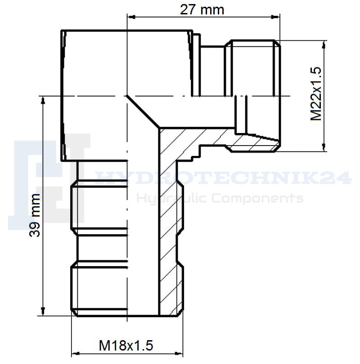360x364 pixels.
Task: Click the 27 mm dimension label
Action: click(202, 10)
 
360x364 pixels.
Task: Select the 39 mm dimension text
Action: click(35, 215)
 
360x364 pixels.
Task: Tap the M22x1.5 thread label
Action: click(316, 94)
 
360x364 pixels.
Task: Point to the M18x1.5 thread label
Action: click(126, 346)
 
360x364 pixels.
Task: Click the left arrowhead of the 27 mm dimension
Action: click(132, 17)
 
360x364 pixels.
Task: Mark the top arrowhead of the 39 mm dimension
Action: click(43, 100)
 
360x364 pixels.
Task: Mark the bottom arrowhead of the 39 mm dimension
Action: click(43, 311)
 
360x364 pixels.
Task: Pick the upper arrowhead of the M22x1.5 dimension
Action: click(324, 44)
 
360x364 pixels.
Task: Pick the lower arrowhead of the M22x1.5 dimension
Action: click(324, 147)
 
